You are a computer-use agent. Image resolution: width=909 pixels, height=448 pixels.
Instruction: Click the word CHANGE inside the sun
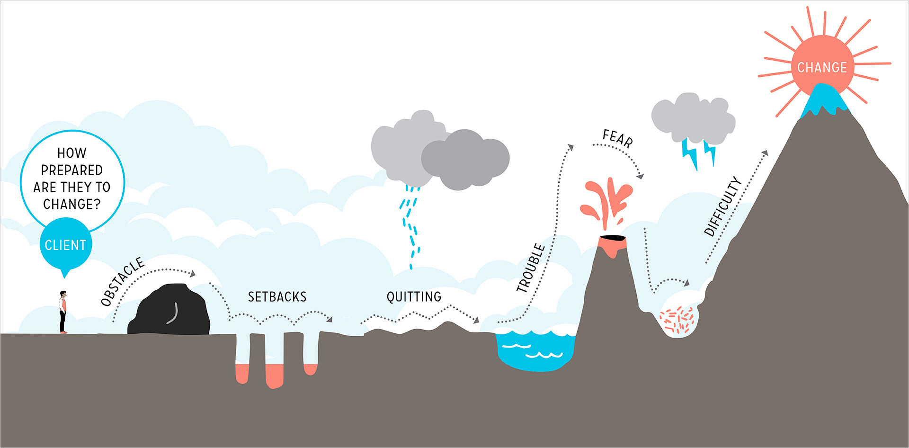[822, 68]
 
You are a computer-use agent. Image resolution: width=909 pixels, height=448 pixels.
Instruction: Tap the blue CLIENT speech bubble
[65, 245]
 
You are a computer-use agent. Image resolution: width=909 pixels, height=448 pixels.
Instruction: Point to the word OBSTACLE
[123, 281]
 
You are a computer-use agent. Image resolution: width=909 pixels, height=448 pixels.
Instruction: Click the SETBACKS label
[277, 297]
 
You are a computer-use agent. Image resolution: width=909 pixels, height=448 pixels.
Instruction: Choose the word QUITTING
[414, 297]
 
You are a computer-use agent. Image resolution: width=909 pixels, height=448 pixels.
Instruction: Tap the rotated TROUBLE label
[531, 268]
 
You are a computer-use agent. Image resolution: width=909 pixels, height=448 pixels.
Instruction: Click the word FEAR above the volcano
[617, 138]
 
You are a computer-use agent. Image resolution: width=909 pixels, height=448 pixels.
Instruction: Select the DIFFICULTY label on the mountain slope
[722, 206]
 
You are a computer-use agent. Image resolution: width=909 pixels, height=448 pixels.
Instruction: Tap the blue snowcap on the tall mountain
[824, 99]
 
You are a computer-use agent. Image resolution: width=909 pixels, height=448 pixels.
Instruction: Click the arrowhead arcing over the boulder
[192, 274]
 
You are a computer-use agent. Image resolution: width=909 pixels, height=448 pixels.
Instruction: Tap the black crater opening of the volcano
[612, 237]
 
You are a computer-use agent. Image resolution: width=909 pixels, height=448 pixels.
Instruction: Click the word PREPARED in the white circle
[72, 170]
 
